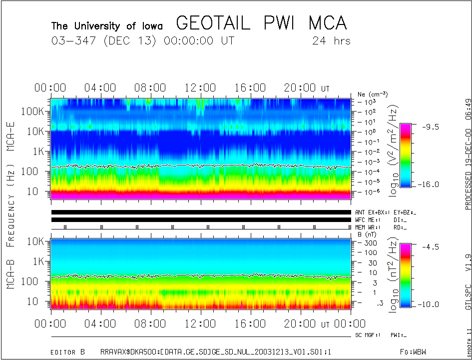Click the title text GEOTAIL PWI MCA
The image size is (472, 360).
point(261,24)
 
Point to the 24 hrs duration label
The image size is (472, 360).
point(331,41)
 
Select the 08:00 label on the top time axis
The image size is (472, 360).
point(150,88)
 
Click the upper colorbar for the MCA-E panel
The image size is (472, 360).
point(405,155)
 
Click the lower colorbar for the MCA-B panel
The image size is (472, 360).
point(405,275)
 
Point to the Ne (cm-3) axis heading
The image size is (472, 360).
point(373,94)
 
